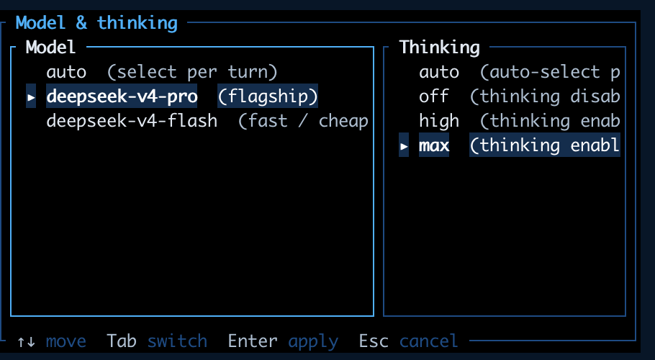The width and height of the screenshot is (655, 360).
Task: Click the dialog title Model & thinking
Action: pyautogui.click(x=96, y=22)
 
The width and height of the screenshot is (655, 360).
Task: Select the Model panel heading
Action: pyautogui.click(x=50, y=48)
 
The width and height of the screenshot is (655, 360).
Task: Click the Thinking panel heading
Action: pyautogui.click(x=440, y=48)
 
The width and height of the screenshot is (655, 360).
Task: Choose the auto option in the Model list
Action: pyautogui.click(x=66, y=72)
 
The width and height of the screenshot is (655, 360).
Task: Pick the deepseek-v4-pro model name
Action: pyautogui.click(x=122, y=96)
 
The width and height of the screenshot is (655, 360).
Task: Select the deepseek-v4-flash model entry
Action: pyautogui.click(x=132, y=121)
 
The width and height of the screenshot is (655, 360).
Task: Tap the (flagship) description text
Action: pyautogui.click(x=268, y=96)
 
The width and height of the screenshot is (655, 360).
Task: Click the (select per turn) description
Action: pyautogui.click(x=192, y=72)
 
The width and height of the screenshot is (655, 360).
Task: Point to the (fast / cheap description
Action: pyautogui.click(x=303, y=121)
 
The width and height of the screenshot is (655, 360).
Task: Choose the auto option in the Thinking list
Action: pyautogui.click(x=439, y=72)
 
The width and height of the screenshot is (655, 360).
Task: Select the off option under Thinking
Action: pyautogui.click(x=433, y=96)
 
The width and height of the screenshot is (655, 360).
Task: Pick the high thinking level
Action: pyautogui.click(x=439, y=121)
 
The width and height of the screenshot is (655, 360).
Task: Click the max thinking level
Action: pyautogui.click(x=434, y=145)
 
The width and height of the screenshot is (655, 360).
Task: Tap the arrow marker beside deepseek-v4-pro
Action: pyautogui.click(x=31, y=97)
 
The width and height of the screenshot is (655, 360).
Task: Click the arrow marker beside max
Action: pyautogui.click(x=404, y=145)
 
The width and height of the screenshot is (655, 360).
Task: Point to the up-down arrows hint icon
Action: pyautogui.click(x=26, y=341)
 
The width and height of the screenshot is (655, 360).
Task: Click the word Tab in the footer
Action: pyautogui.click(x=122, y=341)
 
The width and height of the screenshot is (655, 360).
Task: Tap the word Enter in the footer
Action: pyautogui.click(x=253, y=341)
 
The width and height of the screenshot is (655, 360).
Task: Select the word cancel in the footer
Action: pyautogui.click(x=429, y=341)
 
